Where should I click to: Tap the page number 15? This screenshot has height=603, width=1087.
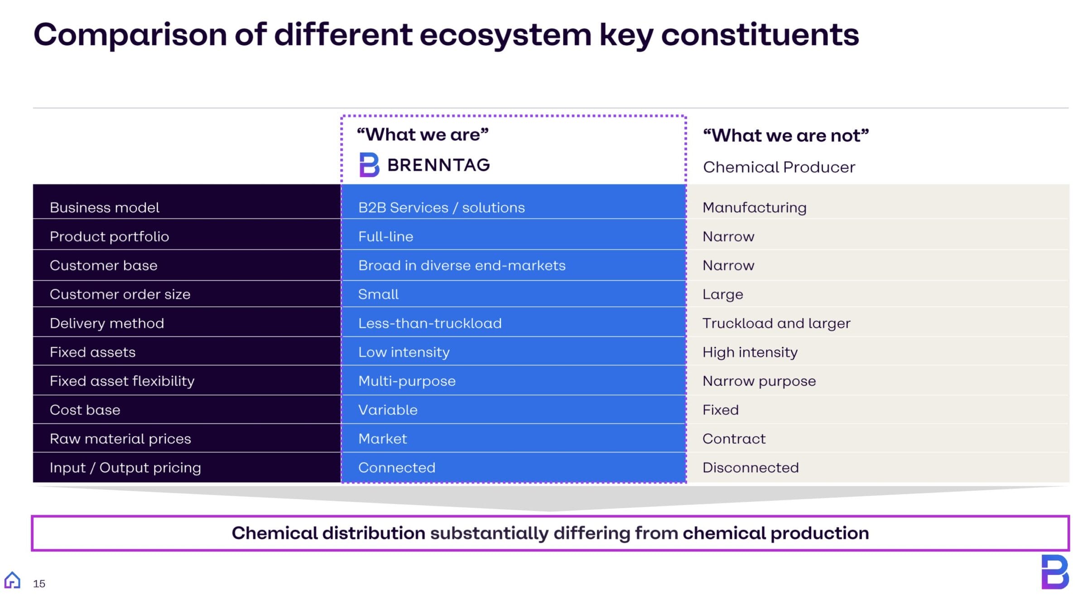[39, 584]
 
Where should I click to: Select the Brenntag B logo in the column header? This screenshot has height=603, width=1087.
[369, 165]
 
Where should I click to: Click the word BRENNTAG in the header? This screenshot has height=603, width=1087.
[438, 165]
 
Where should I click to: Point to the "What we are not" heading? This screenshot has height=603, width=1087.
[785, 135]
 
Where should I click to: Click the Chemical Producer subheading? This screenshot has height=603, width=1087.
[779, 167]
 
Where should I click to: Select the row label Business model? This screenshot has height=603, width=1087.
[105, 207]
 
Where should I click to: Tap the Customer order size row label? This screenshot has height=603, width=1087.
[120, 294]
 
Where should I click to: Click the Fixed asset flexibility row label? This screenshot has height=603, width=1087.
[122, 381]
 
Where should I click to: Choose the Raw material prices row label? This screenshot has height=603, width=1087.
[120, 439]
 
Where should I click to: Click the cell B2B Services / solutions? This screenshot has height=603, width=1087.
[441, 207]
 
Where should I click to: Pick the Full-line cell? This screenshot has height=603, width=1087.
[385, 236]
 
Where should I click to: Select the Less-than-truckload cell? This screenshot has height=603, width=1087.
[430, 323]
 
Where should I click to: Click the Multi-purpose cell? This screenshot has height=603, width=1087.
[407, 381]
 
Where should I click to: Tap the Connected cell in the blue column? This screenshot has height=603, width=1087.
[397, 468]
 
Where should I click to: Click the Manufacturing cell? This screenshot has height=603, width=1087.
[754, 207]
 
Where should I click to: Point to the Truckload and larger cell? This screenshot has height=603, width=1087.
[776, 323]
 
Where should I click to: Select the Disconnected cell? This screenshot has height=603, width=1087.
[750, 468]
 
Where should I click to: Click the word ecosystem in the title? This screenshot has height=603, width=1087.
[505, 35]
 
